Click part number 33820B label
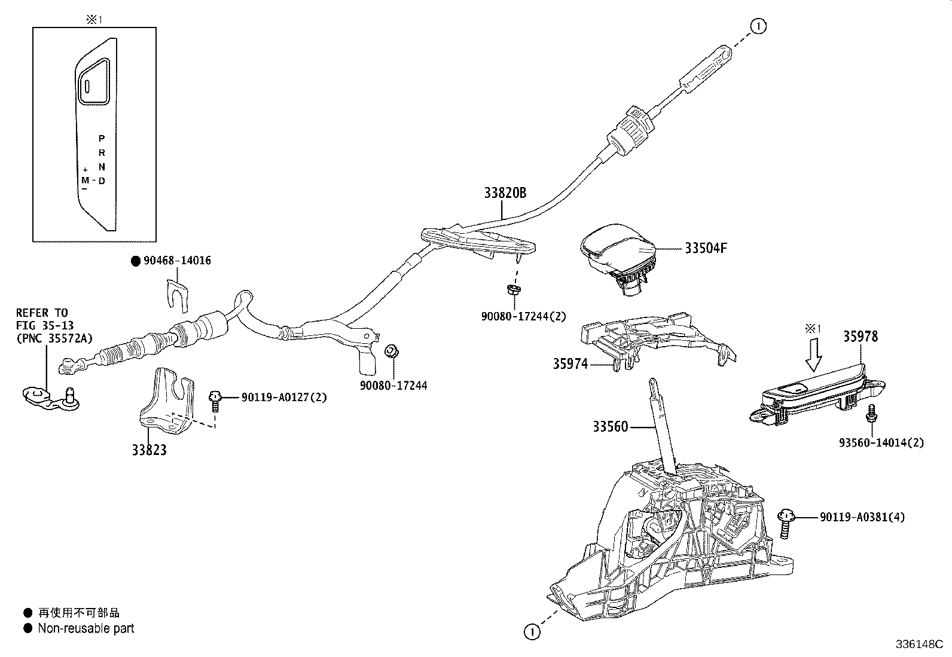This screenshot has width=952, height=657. coord(505,193)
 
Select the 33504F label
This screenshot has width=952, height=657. coord(706,248)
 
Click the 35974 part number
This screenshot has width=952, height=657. coord(570,363)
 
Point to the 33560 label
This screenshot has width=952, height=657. coord(611,426)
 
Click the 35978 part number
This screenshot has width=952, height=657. coord(861,337)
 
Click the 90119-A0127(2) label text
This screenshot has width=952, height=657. coord(284,397)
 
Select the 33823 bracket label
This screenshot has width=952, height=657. coord(149,450)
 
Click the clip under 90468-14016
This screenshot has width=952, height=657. coord(178,294)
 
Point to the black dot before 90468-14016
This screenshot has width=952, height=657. coord(135,261)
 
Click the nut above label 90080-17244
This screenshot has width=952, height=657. coord(392,350)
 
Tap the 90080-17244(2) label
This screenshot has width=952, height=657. coord(523,316)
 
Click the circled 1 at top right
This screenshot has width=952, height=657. coord(758,26)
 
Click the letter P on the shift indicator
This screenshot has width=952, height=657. coord(102,138)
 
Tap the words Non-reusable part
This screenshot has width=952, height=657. coord(86,628)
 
